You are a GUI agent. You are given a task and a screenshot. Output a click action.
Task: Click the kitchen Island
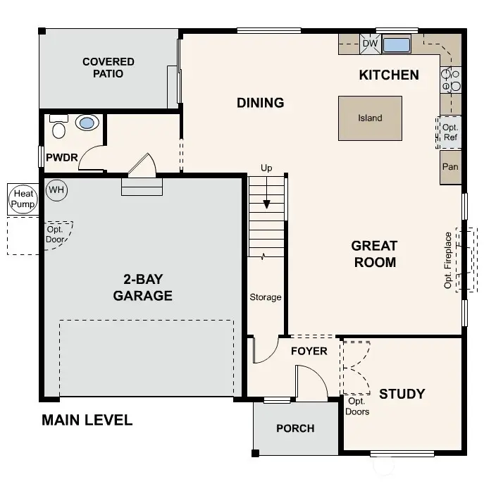pyautogui.click(x=370, y=118)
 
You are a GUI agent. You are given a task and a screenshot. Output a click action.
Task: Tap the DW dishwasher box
pyautogui.click(x=370, y=44)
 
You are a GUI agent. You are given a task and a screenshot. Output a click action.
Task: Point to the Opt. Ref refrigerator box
pyautogui.click(x=450, y=132)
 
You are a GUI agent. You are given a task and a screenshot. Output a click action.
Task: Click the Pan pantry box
pyautogui.click(x=450, y=167)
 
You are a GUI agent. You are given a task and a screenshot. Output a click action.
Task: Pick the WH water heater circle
pyautogui.click(x=56, y=190)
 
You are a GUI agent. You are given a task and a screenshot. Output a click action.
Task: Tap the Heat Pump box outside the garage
pyautogui.click(x=22, y=199)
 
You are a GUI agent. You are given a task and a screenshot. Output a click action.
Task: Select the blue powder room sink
pyautogui.click(x=86, y=123)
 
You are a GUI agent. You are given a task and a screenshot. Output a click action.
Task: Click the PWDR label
pyautogui.click(x=61, y=158)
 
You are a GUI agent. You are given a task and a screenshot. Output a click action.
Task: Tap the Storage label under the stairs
pyautogui.click(x=266, y=297)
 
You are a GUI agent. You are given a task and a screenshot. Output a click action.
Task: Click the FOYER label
pyautogui.click(x=309, y=351)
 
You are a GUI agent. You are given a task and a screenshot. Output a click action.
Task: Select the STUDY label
pyautogui.click(x=402, y=393)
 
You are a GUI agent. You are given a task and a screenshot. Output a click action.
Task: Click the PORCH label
pyautogui.click(x=295, y=428)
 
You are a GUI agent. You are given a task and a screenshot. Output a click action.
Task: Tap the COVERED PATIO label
pyautogui.click(x=108, y=68)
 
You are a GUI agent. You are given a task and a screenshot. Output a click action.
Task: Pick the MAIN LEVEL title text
pyautogui.click(x=87, y=421)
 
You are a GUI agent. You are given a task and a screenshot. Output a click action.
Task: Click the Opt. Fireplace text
pyautogui.click(x=447, y=260)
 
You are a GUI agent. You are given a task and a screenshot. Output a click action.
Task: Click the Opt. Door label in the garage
pyautogui.click(x=56, y=234)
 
